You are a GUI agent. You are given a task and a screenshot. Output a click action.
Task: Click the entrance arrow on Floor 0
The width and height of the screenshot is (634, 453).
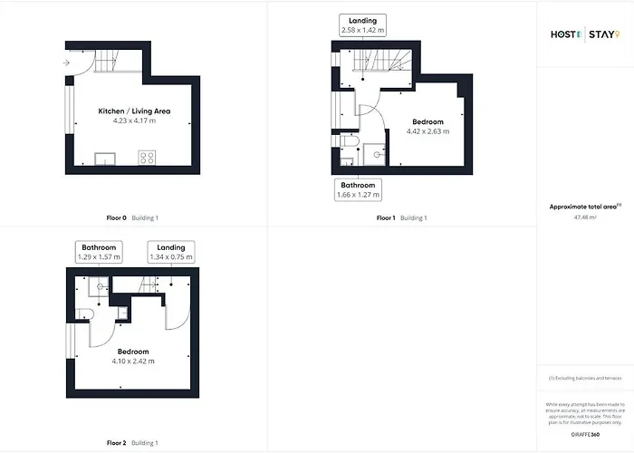coord(68,63)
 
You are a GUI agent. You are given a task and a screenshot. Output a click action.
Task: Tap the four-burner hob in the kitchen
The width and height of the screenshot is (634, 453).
coord(146,158)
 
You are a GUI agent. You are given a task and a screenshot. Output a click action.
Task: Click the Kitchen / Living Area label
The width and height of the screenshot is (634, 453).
coord(134,111)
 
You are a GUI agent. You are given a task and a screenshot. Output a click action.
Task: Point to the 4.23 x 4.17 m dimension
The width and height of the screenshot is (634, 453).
coord(134,120)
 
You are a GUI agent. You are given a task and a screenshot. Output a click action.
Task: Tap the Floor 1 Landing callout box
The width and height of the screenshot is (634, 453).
coord(363,25)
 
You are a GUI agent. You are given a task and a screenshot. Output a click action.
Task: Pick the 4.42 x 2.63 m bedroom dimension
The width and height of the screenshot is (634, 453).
coord(428,131)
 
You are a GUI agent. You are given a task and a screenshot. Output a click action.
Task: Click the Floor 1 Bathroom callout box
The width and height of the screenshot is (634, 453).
coord(358,189)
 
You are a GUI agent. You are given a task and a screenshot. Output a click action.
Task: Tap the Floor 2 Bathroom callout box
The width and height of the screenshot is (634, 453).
coord(99,252)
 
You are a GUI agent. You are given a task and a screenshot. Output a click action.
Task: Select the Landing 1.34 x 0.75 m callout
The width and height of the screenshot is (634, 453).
coord(171,252)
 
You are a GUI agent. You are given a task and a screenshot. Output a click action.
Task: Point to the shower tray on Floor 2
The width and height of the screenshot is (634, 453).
coord(100,288)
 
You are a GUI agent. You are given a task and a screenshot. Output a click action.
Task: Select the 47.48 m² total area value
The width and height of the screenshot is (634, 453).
coord(584,217)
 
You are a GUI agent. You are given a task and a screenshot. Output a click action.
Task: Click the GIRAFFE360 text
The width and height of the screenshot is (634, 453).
coord(584,436)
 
